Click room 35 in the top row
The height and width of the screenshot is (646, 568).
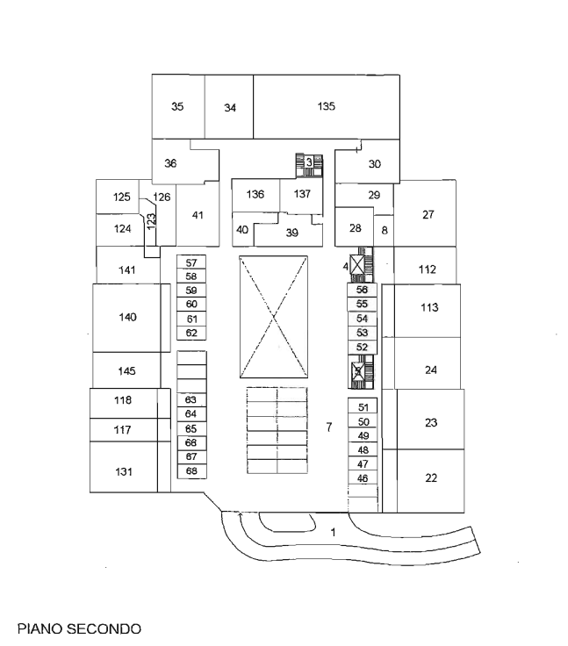pos(177,107)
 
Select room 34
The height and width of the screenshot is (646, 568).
pos(230,109)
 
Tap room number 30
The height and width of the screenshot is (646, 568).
pos(374,164)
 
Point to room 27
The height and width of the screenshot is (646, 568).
pos(428,214)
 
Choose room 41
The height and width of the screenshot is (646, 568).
pos(198,215)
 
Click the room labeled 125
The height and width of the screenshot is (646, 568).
pos(122,197)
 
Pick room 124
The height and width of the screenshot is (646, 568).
pos(123,228)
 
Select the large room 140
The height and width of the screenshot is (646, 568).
pos(128,317)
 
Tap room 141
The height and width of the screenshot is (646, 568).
pos(127,270)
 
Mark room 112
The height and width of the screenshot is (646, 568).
pos(427,269)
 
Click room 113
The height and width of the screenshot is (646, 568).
pos(428,307)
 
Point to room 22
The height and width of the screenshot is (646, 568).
pos(430,478)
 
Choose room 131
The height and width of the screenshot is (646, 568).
pos(124,472)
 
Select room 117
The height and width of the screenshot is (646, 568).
pos(123,430)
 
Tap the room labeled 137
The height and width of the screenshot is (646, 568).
pos(302,194)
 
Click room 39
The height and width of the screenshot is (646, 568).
pos(292,233)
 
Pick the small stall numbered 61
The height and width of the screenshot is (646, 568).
pos(191,319)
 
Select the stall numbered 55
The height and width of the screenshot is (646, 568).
pos(362,304)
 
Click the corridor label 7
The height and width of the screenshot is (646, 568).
pos(328,428)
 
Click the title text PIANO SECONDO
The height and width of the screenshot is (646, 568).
pos(79,628)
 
